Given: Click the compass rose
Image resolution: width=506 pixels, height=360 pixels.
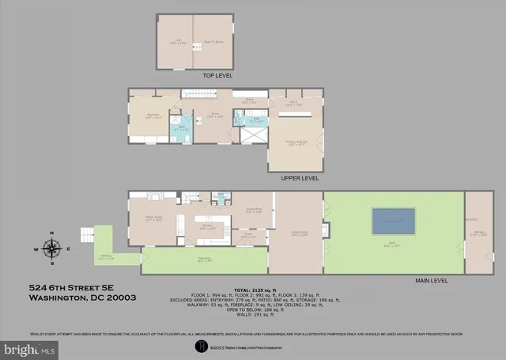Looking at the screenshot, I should tap(51, 248).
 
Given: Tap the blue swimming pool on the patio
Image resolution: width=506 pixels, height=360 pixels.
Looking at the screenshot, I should tap(393, 221).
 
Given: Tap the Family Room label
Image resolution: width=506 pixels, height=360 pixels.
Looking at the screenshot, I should tap(153, 219).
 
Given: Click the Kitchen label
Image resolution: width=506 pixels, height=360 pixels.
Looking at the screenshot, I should tap(207, 226).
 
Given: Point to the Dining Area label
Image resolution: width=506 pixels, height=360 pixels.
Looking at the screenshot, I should tap(252, 211).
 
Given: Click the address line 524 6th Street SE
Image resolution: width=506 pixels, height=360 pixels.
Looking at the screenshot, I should tap(73, 288).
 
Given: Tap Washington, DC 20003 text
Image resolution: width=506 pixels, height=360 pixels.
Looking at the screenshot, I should tap(83, 298).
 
